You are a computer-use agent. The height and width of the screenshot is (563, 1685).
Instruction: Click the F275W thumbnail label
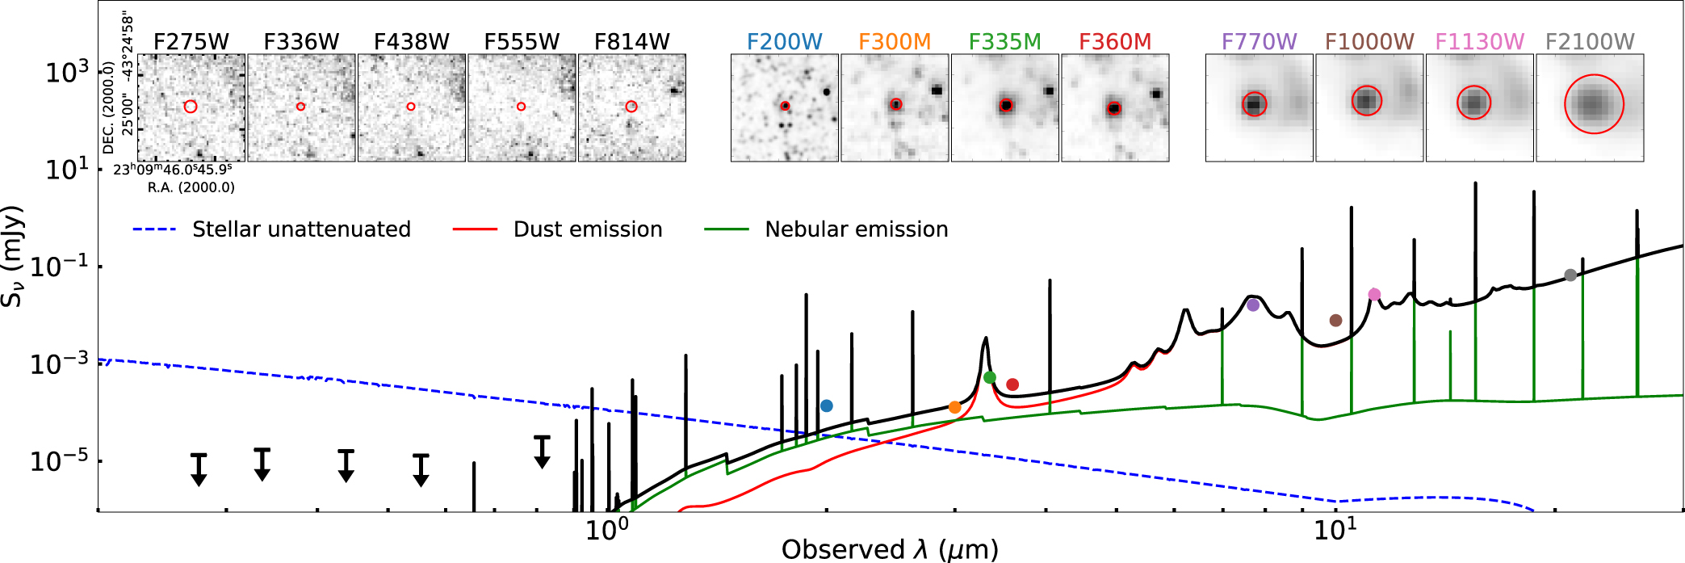click(x=191, y=42)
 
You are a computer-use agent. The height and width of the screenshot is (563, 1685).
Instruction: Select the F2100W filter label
click(x=1589, y=42)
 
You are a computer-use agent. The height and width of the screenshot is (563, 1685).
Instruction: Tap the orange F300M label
click(x=894, y=42)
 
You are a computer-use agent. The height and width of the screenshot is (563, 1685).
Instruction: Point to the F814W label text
click(x=631, y=42)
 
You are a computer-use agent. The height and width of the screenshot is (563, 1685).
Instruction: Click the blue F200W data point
click(x=826, y=405)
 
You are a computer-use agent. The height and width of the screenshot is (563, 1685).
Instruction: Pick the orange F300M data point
click(x=954, y=407)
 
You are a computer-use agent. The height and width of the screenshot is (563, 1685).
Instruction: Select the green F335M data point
click(x=990, y=377)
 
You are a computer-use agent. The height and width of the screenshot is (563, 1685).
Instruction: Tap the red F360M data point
click(x=1012, y=384)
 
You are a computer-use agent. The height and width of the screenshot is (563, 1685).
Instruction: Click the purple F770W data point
click(x=1252, y=305)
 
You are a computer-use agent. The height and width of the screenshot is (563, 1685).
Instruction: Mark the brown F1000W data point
click(x=1335, y=321)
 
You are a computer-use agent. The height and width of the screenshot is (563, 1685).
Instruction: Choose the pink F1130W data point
click(x=1374, y=294)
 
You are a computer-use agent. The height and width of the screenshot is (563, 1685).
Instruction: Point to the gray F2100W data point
click(x=1570, y=275)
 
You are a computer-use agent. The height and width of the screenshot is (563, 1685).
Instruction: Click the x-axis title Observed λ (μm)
click(x=889, y=549)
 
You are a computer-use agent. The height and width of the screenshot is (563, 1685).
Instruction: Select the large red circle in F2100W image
click(x=1594, y=104)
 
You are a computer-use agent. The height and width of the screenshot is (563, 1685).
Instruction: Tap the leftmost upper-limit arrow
click(x=199, y=470)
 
